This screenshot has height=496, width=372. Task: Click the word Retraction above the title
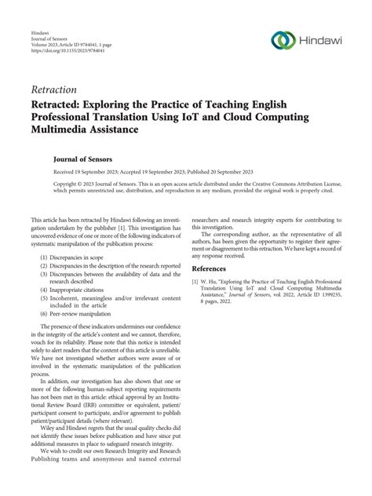click(x=56, y=89)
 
